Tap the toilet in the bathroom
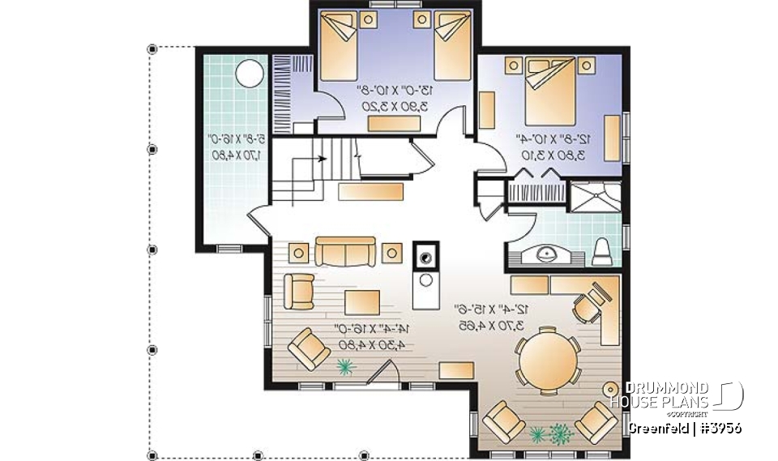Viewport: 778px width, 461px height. tap(603, 252)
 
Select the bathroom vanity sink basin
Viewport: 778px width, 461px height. tap(548, 255)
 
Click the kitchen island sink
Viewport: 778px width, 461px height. tap(425, 258)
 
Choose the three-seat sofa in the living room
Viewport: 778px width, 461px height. tap(346, 252)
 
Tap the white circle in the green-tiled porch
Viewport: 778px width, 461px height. tap(249, 78)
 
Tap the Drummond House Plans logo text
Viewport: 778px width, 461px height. tap(659, 395)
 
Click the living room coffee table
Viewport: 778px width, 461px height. tap(362, 301)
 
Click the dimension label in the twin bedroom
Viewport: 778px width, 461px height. tap(396, 98)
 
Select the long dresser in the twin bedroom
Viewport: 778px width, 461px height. tap(395, 123)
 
